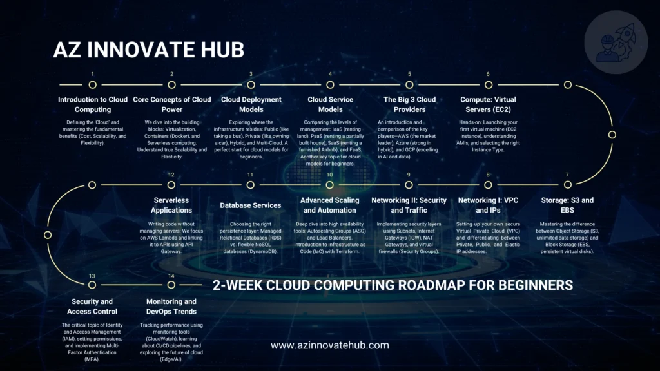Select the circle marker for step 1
coord(92,84)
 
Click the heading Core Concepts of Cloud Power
coord(171,104)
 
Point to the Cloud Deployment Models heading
coord(251,104)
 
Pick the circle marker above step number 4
coord(330,84)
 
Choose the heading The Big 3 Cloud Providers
coord(409,104)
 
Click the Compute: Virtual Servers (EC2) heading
coord(488,104)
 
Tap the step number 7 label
coord(567,175)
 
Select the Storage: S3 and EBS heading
coord(567,205)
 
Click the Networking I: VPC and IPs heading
coord(488,205)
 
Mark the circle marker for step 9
coord(409,185)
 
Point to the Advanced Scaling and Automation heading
coord(329,205)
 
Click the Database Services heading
coord(251,205)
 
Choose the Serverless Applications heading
coord(171,205)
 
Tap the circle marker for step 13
coord(92,286)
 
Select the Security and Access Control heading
coord(92,306)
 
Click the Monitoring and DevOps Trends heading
coord(171,306)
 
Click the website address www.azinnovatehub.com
coord(329,345)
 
